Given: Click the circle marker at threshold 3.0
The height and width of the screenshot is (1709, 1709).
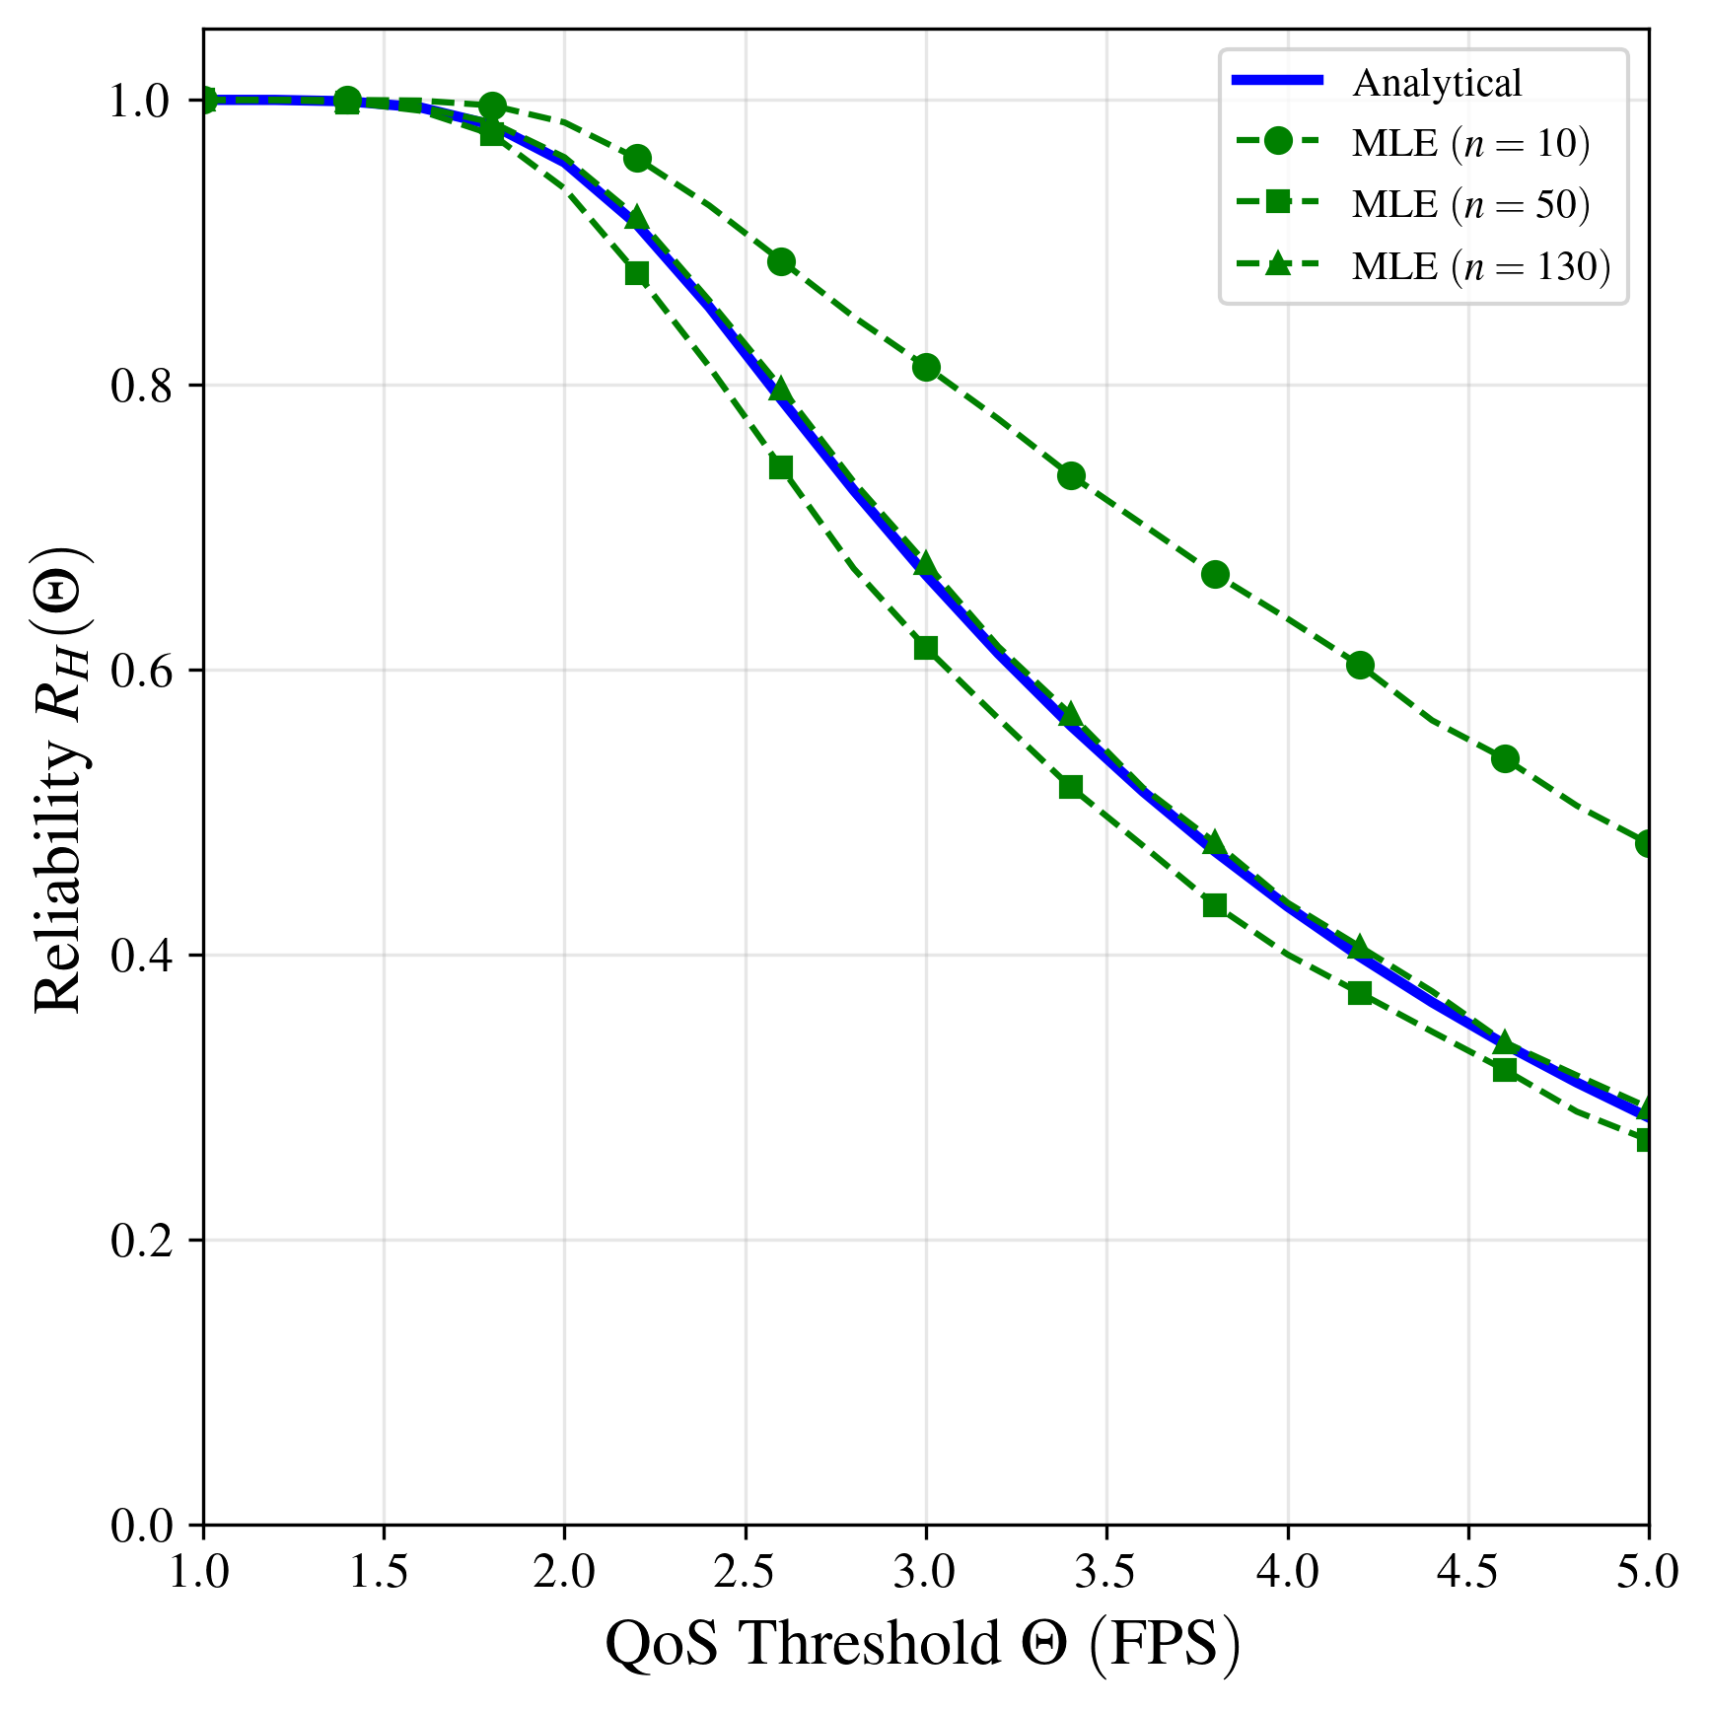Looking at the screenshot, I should point(926,368).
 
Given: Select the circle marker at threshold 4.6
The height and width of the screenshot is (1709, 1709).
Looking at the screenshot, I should point(1505,758).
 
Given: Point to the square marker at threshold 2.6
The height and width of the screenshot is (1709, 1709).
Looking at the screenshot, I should point(781,466).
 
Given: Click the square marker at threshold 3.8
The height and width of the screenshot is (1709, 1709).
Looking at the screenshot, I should point(1215,905).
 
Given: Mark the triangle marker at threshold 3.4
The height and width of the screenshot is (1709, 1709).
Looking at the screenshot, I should point(1071,714).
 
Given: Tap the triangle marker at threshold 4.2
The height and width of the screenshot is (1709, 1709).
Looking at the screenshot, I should point(1360,947).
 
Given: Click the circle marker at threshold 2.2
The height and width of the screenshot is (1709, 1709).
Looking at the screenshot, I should point(637,158).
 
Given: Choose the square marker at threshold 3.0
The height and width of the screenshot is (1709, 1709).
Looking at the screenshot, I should point(926,648).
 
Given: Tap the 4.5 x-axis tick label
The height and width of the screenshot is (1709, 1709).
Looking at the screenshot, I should point(1468,1572).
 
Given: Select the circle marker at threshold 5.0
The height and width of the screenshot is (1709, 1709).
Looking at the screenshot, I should point(1647,843).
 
